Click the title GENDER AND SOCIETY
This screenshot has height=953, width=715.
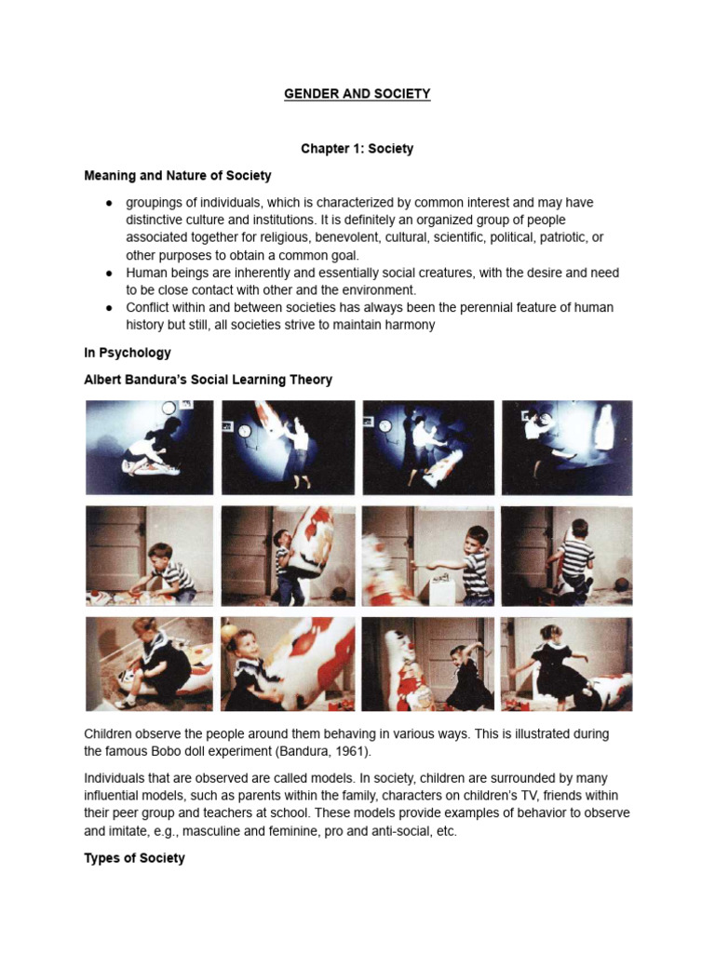(x=357, y=94)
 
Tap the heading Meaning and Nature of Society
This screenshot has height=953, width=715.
(x=178, y=175)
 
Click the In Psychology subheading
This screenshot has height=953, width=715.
(x=128, y=353)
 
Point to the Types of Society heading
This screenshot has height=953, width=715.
(x=134, y=858)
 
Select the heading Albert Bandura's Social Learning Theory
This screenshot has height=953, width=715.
(x=208, y=380)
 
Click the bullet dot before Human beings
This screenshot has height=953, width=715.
(x=109, y=273)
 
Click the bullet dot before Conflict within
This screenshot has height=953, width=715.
(x=109, y=307)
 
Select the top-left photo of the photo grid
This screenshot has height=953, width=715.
(x=149, y=448)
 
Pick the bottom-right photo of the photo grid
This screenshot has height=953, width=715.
(x=566, y=664)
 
